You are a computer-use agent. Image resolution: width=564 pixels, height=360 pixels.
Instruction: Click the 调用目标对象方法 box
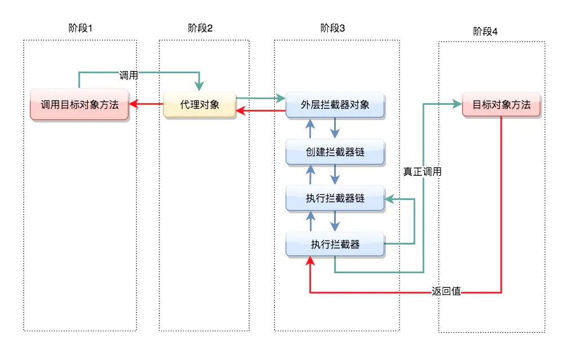(79, 104)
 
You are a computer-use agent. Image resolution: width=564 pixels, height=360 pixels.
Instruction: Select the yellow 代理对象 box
(199, 104)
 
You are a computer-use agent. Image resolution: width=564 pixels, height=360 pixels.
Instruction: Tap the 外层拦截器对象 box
(335, 104)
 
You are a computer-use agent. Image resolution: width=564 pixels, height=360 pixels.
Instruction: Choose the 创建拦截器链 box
(335, 152)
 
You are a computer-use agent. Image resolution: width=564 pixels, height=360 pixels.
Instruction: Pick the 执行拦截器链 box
(335, 198)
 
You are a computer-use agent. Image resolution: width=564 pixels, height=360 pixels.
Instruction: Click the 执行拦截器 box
(335, 245)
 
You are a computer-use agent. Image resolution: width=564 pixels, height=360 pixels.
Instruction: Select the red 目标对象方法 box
(501, 104)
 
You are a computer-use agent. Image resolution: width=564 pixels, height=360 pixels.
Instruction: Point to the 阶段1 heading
(79, 28)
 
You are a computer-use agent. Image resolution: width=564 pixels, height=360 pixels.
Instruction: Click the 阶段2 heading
(201, 28)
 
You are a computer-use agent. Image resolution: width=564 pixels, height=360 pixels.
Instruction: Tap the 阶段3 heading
(332, 28)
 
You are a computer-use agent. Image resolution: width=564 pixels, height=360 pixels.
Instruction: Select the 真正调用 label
(422, 172)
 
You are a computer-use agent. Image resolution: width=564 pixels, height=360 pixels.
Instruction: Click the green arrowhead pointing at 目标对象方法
(457, 104)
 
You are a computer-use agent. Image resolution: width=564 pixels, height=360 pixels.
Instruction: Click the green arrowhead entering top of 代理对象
(199, 86)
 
